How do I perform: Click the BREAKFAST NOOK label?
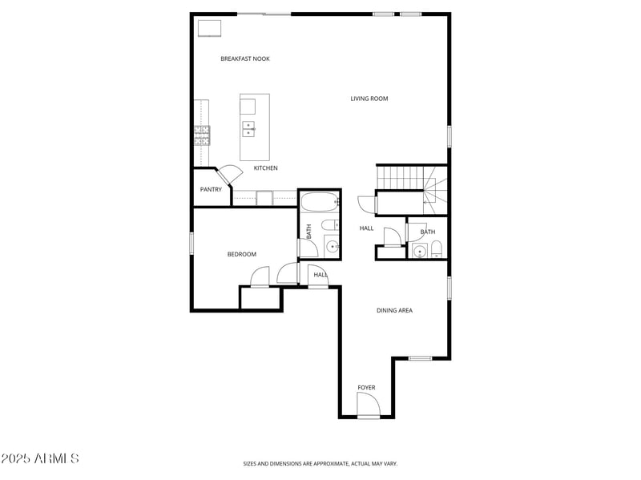click(x=245, y=58)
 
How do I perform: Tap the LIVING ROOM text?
click(x=369, y=99)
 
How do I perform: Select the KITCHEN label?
click(x=266, y=168)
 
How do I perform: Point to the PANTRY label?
click(x=211, y=190)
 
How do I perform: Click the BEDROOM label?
click(x=241, y=255)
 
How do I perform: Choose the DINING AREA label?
click(x=394, y=310)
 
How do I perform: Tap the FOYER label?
click(x=366, y=388)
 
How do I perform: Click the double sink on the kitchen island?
click(x=248, y=128)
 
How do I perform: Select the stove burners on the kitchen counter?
click(x=201, y=135)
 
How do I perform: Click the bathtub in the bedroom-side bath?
click(x=319, y=202)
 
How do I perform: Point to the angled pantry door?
click(x=229, y=174)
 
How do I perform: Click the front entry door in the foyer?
click(x=368, y=407)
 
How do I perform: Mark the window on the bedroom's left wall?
click(x=191, y=243)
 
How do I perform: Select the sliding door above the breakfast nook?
click(x=264, y=14)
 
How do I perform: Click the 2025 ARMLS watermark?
click(x=40, y=458)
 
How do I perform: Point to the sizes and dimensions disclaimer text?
click(x=320, y=463)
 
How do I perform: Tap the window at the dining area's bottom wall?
click(x=420, y=358)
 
